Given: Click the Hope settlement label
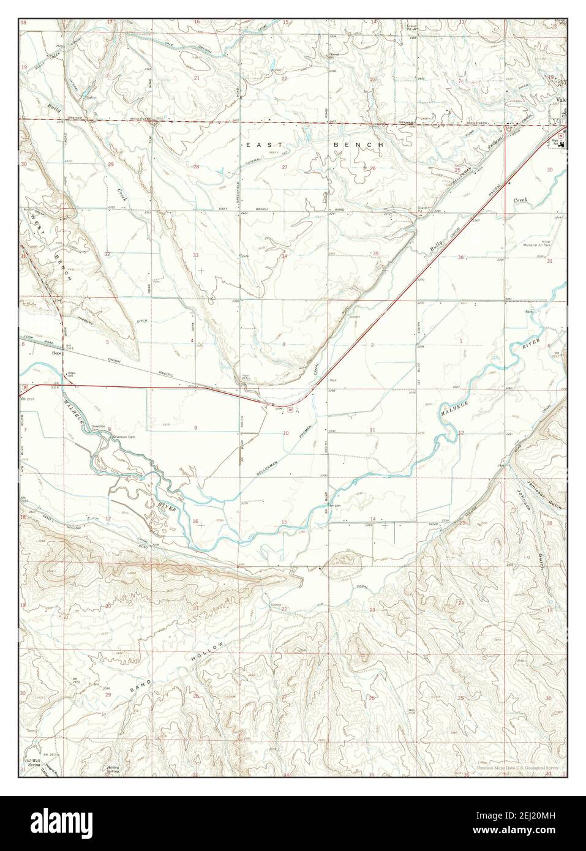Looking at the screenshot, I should (x=58, y=353).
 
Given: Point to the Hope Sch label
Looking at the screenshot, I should (x=71, y=373).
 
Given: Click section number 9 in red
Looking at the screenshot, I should (x=196, y=427).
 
